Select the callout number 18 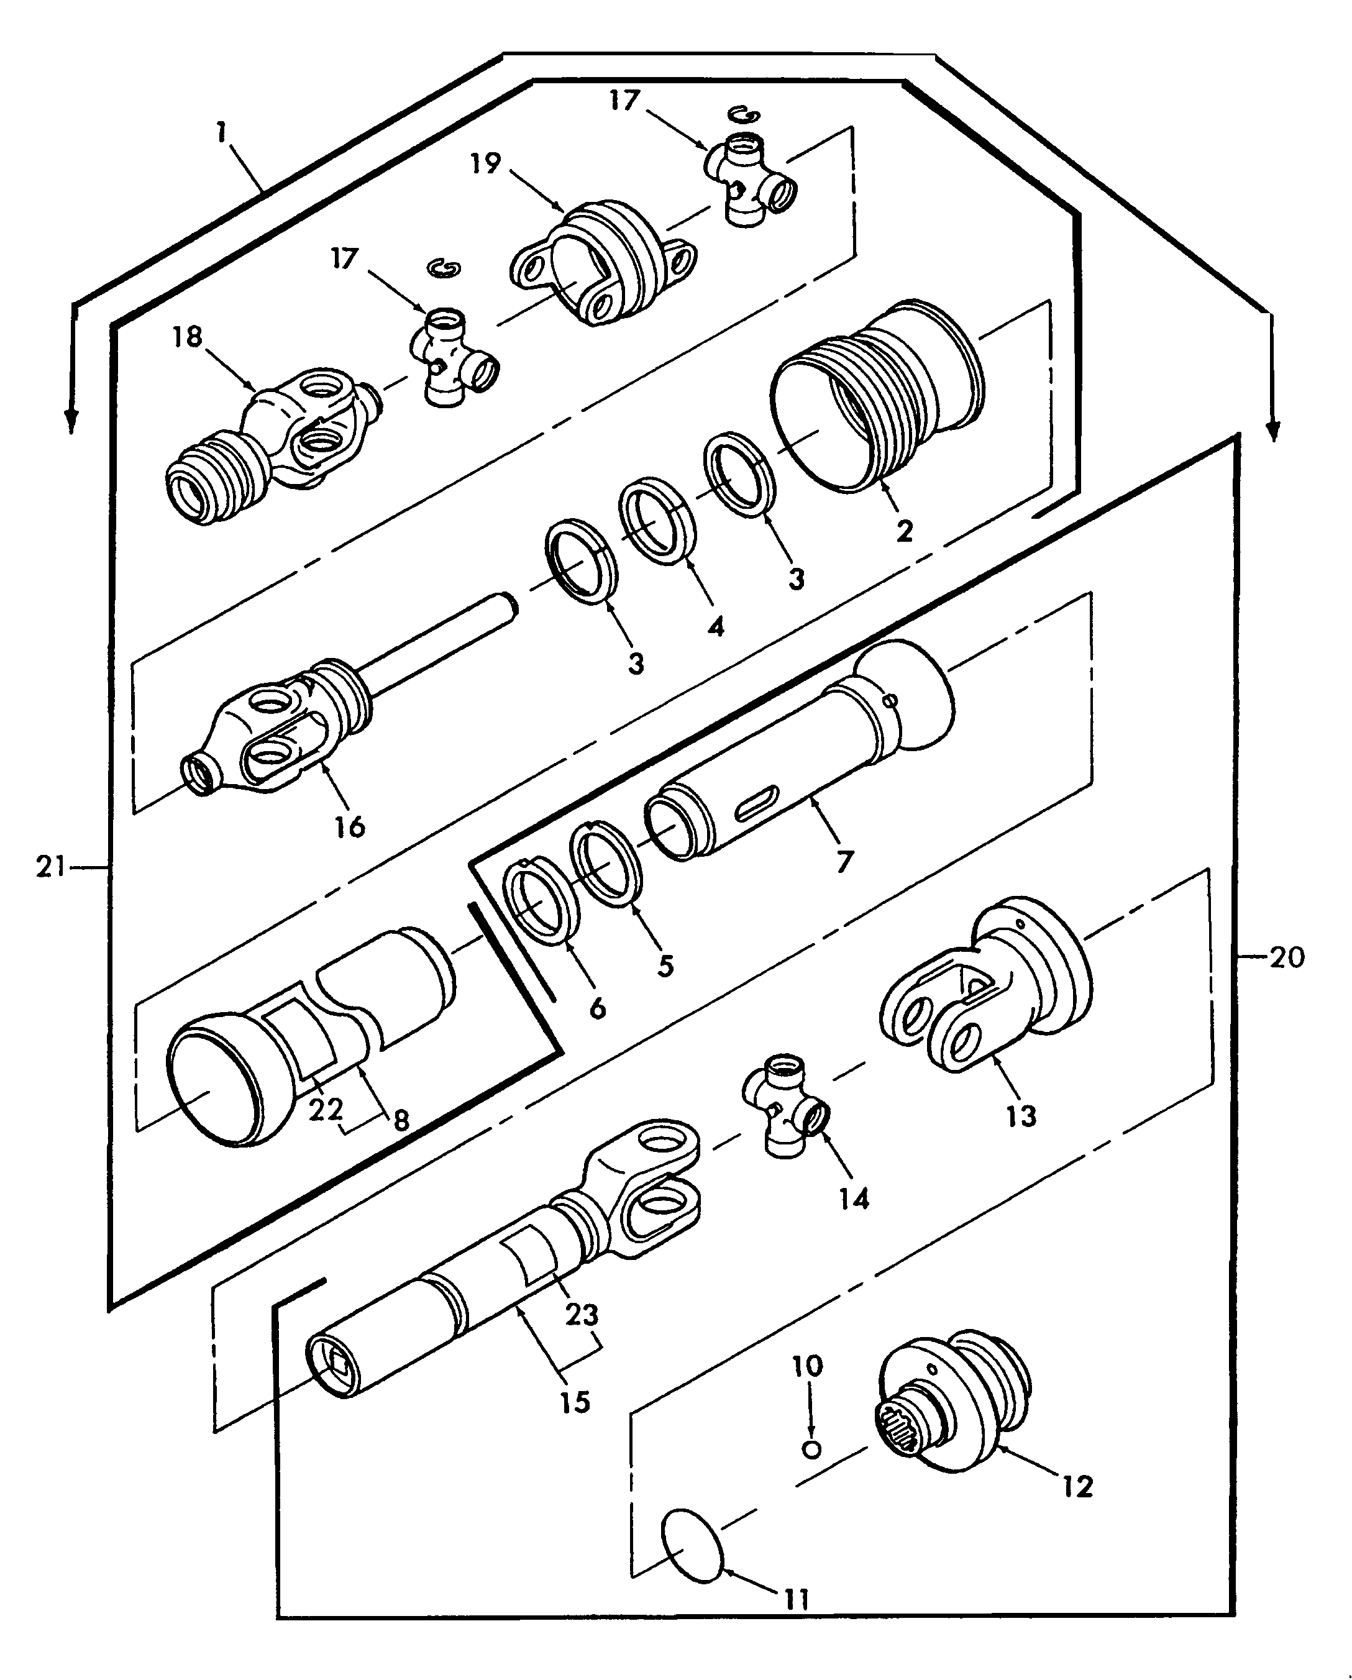click(187, 337)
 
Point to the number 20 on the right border click(1287, 957)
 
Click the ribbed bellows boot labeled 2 click(877, 393)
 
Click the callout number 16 click(350, 826)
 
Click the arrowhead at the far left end click(71, 425)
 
